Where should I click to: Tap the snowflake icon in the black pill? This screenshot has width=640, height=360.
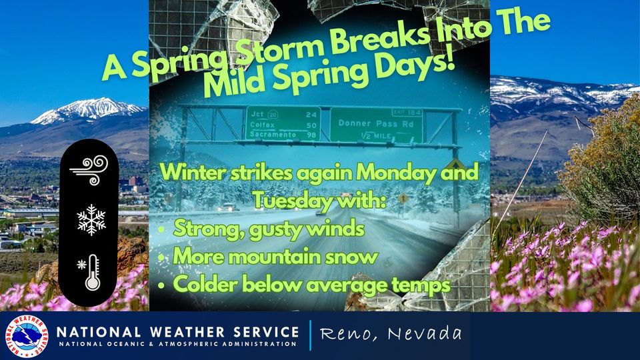point(91,220)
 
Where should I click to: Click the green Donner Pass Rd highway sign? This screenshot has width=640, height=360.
point(376,125)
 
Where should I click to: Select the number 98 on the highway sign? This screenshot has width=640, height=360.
point(311,135)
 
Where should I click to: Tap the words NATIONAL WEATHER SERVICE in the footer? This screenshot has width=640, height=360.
point(177,332)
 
